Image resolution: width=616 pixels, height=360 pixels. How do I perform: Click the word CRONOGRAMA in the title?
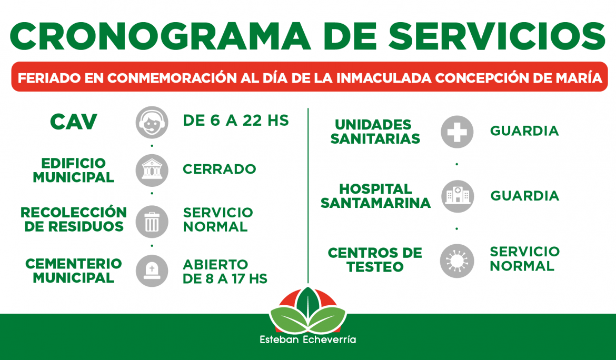coord(160,36)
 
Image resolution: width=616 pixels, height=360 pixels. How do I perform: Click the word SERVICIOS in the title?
coord(497,36)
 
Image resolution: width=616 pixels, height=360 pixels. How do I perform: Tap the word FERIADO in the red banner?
coord(49,78)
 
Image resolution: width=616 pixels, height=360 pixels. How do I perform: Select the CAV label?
coord(74,122)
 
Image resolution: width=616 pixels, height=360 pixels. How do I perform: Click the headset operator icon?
coord(152,123)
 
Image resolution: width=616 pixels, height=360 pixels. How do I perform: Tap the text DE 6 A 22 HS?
coord(236,121)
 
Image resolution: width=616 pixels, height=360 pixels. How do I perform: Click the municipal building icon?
coord(152,171)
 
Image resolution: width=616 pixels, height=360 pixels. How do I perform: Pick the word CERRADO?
coord(219,169)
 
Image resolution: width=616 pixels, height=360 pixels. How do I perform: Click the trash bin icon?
coord(152,222)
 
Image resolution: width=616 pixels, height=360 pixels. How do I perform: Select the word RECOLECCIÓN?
coord(74,212)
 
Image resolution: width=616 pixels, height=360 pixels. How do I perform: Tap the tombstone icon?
coord(152,271)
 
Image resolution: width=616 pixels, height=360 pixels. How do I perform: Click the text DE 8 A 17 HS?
coord(225,279)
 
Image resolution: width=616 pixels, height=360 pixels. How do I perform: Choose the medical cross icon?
coord(457,132)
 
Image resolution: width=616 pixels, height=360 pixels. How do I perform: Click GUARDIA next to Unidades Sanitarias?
coord(524,131)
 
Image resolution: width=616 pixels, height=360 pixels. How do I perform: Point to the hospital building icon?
coord(458,196)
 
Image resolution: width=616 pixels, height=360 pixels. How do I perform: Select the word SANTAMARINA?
coord(375,203)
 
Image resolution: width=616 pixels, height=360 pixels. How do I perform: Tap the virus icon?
coord(457,261)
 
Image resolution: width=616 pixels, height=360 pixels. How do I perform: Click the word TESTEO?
coord(375,267)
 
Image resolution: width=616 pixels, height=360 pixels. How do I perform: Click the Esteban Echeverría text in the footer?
coord(307,339)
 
